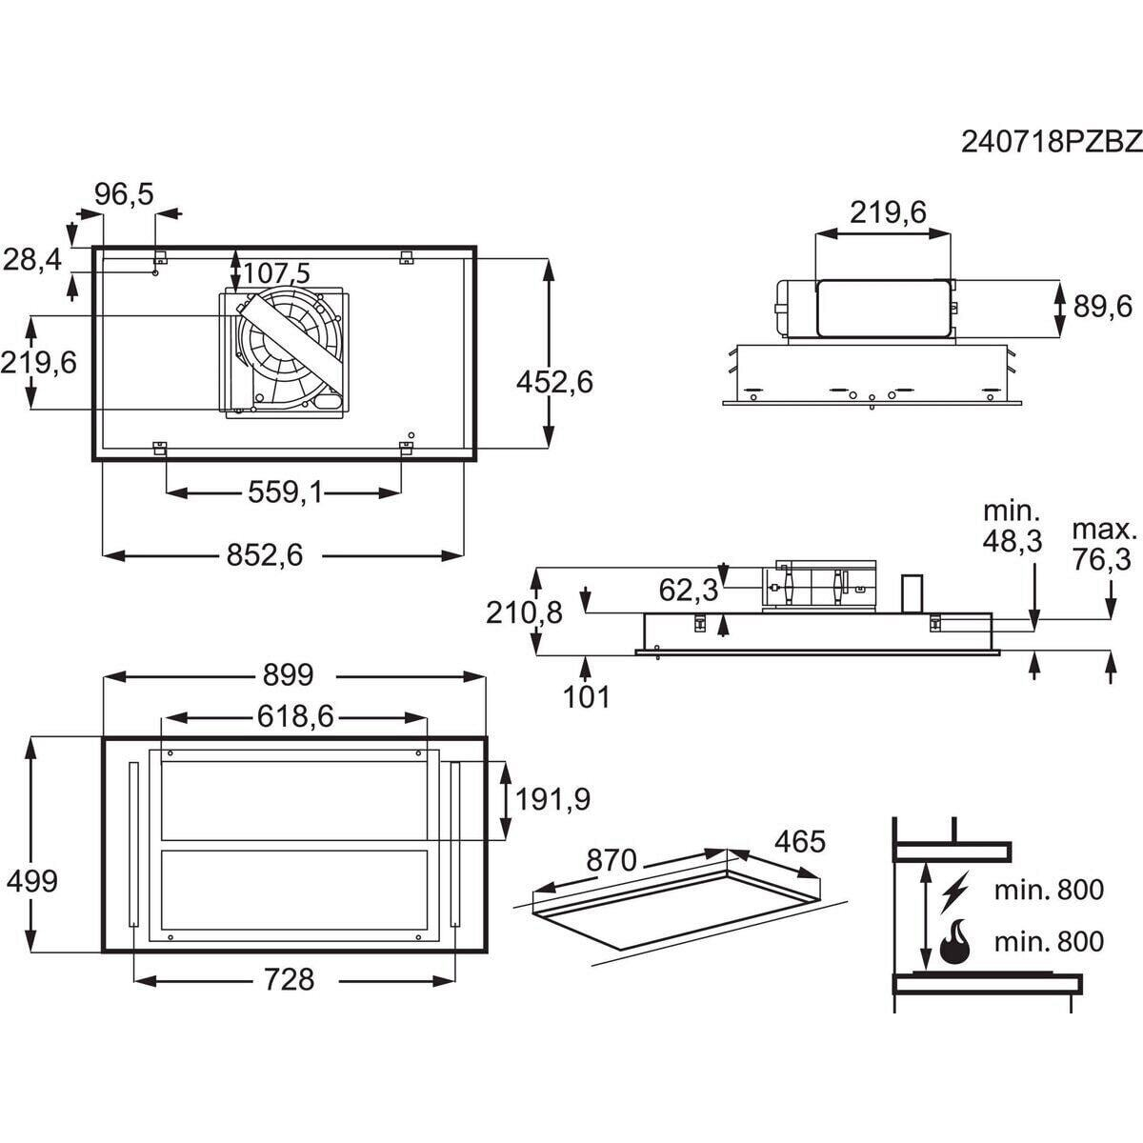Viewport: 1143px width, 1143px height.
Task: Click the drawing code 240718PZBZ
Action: tap(1051, 158)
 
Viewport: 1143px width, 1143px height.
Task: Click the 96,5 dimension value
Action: tap(124, 194)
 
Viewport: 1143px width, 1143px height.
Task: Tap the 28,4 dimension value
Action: tap(32, 259)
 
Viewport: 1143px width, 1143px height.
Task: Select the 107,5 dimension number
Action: tap(276, 272)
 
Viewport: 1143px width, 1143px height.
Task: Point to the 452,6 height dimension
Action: tap(554, 382)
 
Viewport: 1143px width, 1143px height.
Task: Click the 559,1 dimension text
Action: tap(285, 491)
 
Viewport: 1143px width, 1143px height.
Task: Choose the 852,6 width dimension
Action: tap(265, 555)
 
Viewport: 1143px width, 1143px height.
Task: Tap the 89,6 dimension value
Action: tap(1103, 308)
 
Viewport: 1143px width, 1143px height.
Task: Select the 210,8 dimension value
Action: tap(524, 612)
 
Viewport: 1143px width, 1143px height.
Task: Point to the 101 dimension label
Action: tap(586, 697)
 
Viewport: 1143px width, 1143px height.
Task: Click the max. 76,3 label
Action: tap(1103, 545)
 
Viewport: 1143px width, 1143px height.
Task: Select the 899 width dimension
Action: tap(288, 675)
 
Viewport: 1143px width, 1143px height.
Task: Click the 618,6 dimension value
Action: tap(295, 718)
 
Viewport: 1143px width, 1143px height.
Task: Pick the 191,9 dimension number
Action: tap(552, 799)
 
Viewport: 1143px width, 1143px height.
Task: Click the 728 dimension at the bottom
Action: tap(289, 980)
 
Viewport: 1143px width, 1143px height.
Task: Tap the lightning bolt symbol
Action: tap(953, 892)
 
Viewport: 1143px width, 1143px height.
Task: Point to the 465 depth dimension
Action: tap(799, 841)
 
